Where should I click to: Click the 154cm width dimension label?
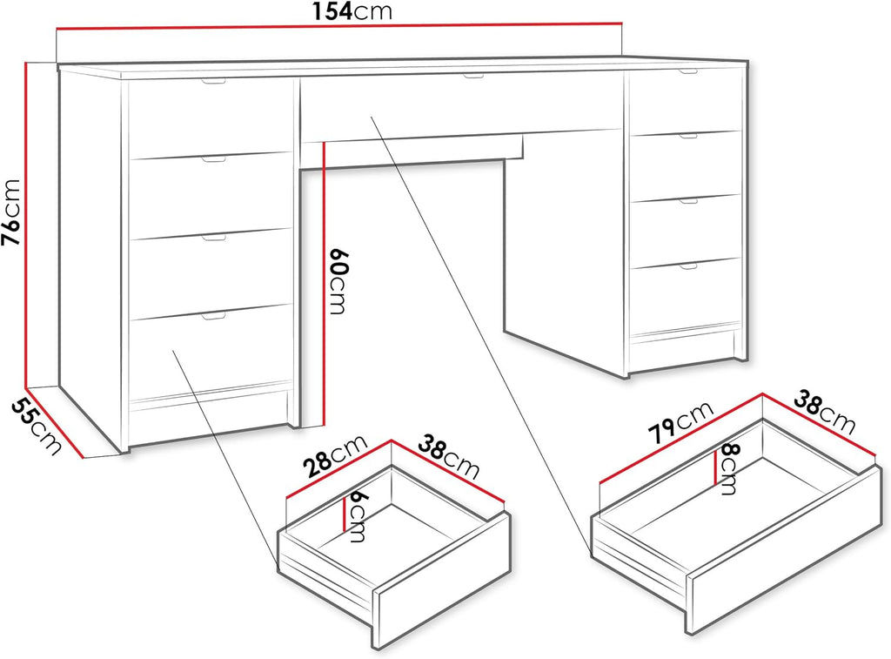pyautogui.click(x=352, y=10)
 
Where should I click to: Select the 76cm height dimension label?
pyautogui.click(x=11, y=212)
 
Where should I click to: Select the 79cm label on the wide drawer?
pyautogui.click(x=680, y=422)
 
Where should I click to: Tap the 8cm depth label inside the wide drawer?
pyautogui.click(x=728, y=469)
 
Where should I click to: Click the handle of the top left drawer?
pyautogui.click(x=213, y=82)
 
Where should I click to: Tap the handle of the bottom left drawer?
pyautogui.click(x=214, y=316)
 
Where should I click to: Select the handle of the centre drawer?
pyautogui.click(x=472, y=77)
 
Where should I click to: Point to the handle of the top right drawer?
pyautogui.click(x=687, y=71)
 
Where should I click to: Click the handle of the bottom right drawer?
pyautogui.click(x=687, y=265)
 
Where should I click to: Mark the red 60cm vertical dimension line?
pyautogui.click(x=323, y=284)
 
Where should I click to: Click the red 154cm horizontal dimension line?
pyautogui.click(x=339, y=24)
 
